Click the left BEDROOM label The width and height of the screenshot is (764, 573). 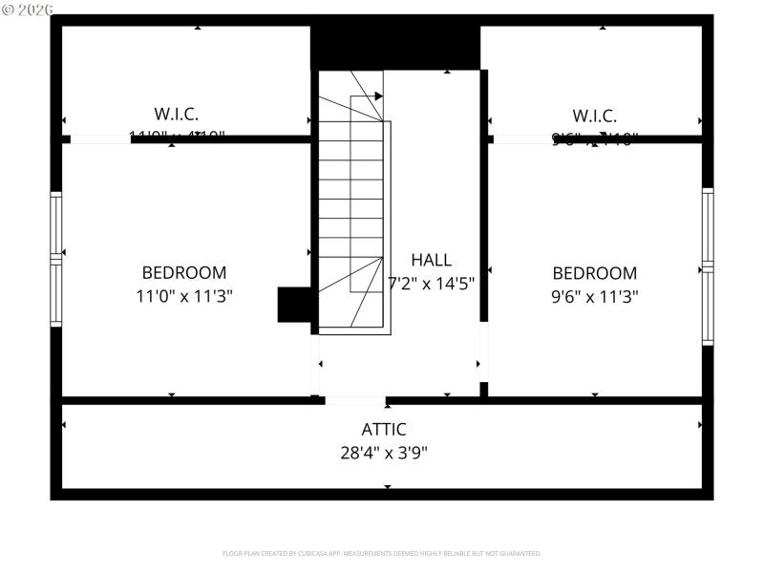pos(184,272)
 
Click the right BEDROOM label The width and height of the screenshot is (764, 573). pos(594,272)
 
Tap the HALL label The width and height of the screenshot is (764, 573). pos(431,260)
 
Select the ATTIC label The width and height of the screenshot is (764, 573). pos(384,429)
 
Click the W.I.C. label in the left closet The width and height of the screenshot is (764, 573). pos(177,114)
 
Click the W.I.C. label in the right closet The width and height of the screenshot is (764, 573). pos(594,116)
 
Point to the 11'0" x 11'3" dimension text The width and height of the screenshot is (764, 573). pos(184,296)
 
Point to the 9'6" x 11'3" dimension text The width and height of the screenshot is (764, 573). pos(594,296)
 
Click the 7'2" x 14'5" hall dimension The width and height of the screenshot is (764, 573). pos(431,284)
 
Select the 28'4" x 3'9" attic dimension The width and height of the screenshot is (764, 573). pos(384,453)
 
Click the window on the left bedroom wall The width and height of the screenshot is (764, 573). pos(56,259)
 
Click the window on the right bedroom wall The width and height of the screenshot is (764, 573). pos(708,265)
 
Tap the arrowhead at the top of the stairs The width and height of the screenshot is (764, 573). pos(378,95)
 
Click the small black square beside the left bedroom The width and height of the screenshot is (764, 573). pos(294,305)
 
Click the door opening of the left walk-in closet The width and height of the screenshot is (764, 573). pos(99,139)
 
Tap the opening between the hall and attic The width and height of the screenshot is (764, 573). pos(354,400)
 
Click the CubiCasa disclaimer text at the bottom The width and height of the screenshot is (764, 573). pos(382,553)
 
